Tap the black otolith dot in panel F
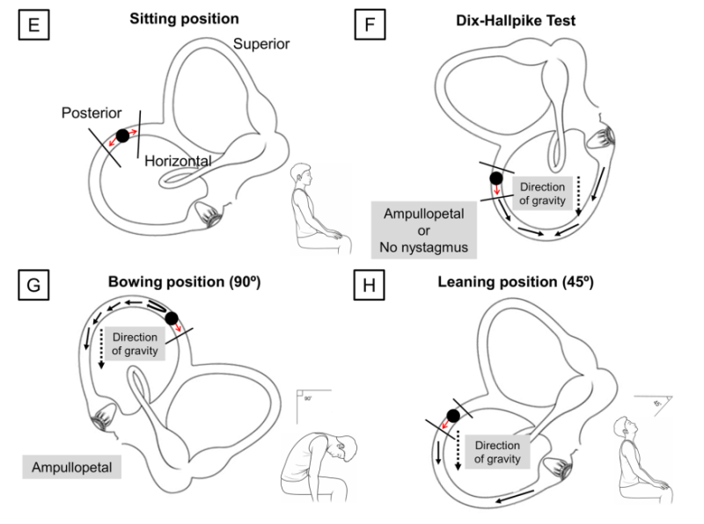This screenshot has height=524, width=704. point(496,178)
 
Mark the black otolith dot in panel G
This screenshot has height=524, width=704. point(171,318)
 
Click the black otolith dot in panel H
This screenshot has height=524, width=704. point(454,416)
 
